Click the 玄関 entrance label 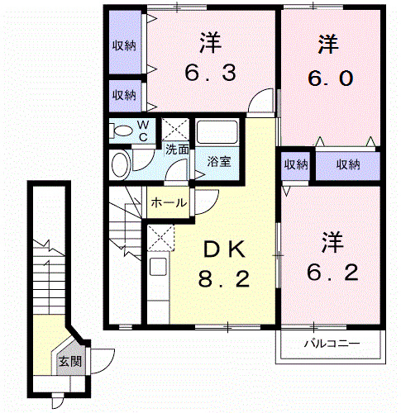click(69, 360)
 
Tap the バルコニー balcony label click(330, 342)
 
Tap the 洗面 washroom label click(176, 150)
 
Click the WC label click(142, 131)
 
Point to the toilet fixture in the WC click(122, 131)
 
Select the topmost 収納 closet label click(124, 46)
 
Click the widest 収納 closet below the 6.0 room click(348, 164)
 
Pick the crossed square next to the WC click(174, 130)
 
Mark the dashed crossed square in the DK click(159, 240)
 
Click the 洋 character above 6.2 click(332, 242)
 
